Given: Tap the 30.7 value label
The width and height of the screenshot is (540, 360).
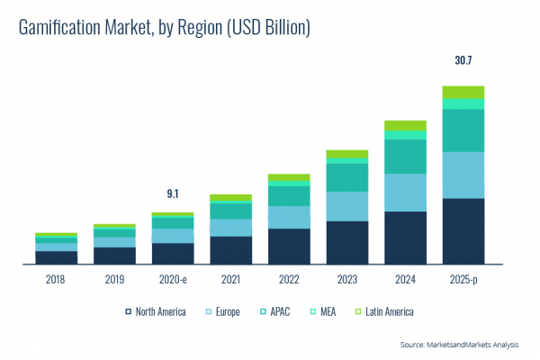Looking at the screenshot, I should pyautogui.click(x=463, y=62).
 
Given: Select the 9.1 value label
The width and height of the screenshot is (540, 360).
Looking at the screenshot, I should pyautogui.click(x=173, y=193).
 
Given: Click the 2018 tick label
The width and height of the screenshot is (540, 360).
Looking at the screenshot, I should pyautogui.click(x=56, y=280).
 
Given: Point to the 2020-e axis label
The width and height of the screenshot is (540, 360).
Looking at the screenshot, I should pyautogui.click(x=172, y=280).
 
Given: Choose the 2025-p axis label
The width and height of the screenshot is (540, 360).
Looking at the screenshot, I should pyautogui.click(x=463, y=280).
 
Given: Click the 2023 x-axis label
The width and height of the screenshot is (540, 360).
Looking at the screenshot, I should pyautogui.click(x=346, y=280).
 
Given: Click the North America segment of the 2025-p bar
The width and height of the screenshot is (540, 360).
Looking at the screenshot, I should pyautogui.click(x=463, y=231).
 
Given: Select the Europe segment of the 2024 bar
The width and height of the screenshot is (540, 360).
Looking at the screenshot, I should pyautogui.click(x=405, y=193).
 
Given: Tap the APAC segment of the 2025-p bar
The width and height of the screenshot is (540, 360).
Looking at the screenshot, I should pyautogui.click(x=463, y=130).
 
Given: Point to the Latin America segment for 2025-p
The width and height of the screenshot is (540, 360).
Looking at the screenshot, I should pyautogui.click(x=463, y=92).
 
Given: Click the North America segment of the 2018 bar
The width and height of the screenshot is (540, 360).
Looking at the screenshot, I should pyautogui.click(x=56, y=257).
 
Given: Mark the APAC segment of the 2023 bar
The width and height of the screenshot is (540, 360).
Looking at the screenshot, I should pyautogui.click(x=346, y=177).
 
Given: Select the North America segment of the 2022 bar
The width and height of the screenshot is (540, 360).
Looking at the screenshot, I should pyautogui.click(x=289, y=247).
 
